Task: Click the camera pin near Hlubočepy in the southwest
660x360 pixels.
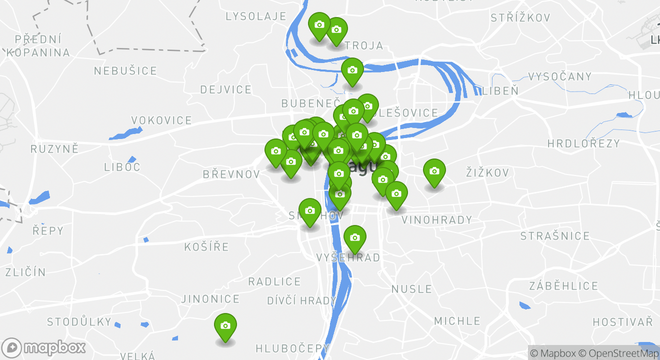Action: pyautogui.click(x=225, y=326)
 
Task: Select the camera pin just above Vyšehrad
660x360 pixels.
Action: pyautogui.click(x=354, y=237)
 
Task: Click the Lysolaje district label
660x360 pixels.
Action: pyautogui.click(x=256, y=16)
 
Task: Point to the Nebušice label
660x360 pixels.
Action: pyautogui.click(x=125, y=71)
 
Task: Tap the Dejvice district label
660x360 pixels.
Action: pyautogui.click(x=226, y=90)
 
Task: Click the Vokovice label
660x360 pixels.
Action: pyautogui.click(x=161, y=120)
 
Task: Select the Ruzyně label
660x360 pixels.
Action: pyautogui.click(x=55, y=149)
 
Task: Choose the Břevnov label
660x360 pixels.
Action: pyautogui.click(x=231, y=174)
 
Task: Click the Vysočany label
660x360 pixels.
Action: pyautogui.click(x=559, y=77)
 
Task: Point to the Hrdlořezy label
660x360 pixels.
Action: pyautogui.click(x=583, y=144)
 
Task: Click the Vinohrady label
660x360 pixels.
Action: pyautogui.click(x=436, y=220)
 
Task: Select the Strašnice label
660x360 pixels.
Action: pyautogui.click(x=555, y=236)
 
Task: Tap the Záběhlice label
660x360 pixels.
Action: pyautogui.click(x=563, y=286)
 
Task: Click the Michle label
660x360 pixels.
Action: pyautogui.click(x=457, y=321)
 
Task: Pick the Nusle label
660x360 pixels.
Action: pyautogui.click(x=411, y=289)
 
